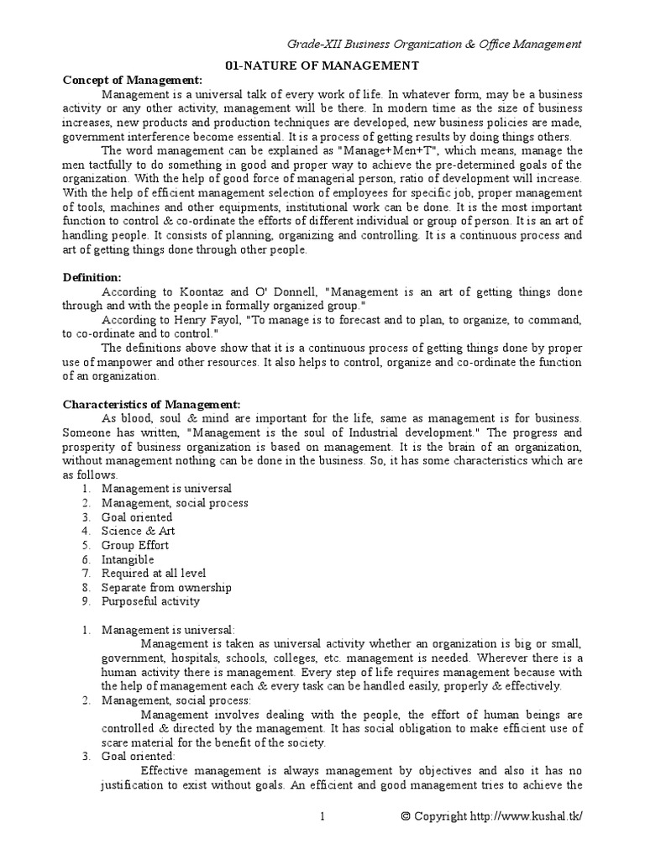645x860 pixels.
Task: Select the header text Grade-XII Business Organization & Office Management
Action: (x=435, y=44)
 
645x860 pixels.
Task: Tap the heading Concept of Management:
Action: (x=133, y=79)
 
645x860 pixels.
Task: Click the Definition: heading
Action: (x=92, y=277)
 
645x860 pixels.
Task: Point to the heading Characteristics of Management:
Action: (x=152, y=404)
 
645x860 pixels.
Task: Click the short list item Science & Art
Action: (x=138, y=531)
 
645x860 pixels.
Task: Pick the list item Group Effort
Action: (x=134, y=545)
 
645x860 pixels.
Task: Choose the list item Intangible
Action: (x=128, y=559)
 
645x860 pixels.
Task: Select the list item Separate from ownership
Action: (x=166, y=588)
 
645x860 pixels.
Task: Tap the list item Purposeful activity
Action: (x=150, y=601)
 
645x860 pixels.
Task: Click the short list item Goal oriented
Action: (x=137, y=517)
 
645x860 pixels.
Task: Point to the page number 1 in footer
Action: (x=322, y=816)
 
